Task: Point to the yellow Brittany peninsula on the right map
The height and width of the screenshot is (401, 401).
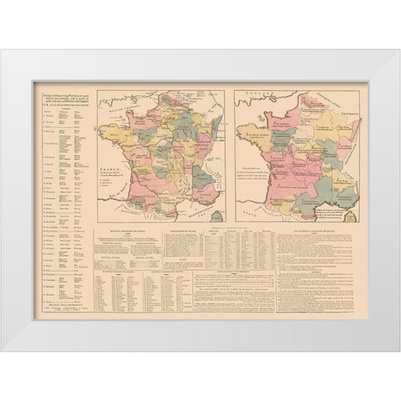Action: [247, 134]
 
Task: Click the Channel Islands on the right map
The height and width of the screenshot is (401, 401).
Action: [256, 119]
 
